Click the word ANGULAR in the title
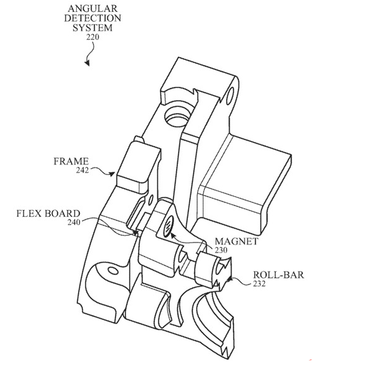92,9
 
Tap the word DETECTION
92,18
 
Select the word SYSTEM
92,27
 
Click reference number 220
92,37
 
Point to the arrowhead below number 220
87,63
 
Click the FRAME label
71,161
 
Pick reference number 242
82,171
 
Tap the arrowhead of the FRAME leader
112,174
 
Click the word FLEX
29,213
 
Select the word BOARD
62,213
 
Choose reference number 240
74,222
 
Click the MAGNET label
237,241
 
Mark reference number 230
221,250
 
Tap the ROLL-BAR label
278,275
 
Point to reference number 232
259,284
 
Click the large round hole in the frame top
177,116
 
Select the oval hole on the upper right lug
230,96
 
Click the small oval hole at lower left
113,271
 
